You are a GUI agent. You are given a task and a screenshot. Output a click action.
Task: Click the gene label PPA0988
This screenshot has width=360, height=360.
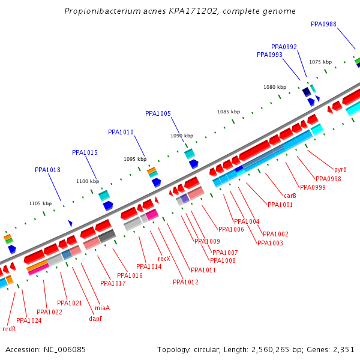tap(323, 24)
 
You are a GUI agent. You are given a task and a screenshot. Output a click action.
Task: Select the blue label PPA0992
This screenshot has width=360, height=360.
tap(284, 47)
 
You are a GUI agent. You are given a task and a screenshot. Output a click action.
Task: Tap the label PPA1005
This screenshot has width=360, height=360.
tap(158, 113)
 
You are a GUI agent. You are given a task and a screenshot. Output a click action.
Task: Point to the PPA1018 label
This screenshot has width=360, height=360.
tap(47, 170)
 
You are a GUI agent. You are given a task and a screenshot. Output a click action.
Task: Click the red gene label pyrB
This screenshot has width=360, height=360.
tap(340, 169)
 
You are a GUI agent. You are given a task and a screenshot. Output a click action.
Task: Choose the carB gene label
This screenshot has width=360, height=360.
tap(290, 196)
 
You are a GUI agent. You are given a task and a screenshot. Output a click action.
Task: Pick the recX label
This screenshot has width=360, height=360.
tap(164, 259)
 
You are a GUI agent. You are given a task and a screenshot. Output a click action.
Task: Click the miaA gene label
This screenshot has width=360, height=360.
tap(102, 308)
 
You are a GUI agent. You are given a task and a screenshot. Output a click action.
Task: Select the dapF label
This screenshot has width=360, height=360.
tap(95, 319)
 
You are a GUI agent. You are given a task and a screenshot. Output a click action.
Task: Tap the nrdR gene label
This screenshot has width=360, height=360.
tap(9, 329)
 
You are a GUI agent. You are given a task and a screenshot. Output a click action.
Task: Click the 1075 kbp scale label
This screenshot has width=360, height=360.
tap(320, 62)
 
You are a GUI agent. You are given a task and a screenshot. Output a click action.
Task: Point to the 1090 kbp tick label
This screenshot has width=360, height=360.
tap(182, 136)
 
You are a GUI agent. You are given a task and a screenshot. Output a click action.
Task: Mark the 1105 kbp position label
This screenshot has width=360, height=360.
tap(40, 203)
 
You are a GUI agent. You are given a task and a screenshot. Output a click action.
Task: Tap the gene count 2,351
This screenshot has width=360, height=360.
tap(343, 349)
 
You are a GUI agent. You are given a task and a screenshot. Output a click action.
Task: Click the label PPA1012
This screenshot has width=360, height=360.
tap(185, 282)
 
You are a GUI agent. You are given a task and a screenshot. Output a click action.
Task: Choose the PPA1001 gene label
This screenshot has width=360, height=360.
tap(280, 205)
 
